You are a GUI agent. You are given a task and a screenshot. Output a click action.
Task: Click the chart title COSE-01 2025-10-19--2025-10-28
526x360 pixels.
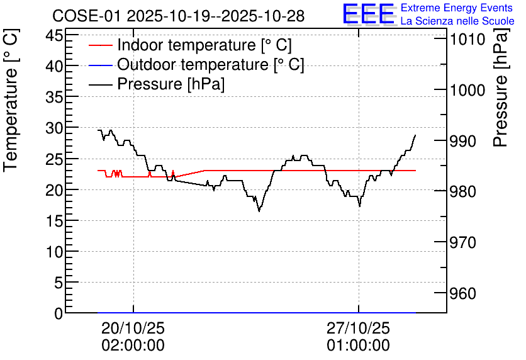[x=179, y=16]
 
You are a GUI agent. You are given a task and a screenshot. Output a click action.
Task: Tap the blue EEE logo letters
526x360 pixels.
[x=369, y=14]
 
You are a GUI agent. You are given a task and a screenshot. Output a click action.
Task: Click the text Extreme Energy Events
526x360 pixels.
[x=457, y=8]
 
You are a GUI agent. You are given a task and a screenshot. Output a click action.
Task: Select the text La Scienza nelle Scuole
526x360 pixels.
[x=457, y=21]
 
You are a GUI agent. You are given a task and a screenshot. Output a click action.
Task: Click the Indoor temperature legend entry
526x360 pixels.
[x=190, y=45]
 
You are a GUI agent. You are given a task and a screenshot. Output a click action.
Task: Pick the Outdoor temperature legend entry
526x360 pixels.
[x=196, y=64]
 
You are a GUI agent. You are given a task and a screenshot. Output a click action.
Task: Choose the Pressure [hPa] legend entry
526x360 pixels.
[x=157, y=84]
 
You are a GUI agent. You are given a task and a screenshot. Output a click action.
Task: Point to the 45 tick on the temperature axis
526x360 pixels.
[x=54, y=35]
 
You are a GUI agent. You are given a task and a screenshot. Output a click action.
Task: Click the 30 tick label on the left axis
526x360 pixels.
[x=54, y=128]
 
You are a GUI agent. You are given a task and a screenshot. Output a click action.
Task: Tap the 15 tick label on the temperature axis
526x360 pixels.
[x=54, y=220]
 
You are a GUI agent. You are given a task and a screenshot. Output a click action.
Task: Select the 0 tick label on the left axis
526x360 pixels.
[x=59, y=313]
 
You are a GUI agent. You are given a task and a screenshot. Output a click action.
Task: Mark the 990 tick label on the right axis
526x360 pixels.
[x=463, y=141]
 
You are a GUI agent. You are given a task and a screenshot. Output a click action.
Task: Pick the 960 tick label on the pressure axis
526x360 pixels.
[x=463, y=293]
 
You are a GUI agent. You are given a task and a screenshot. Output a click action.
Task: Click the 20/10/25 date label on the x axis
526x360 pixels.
[x=133, y=328]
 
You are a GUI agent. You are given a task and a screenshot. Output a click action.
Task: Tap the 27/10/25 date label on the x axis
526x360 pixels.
[x=359, y=328]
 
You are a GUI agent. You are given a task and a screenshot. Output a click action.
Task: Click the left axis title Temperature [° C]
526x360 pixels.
[x=11, y=100]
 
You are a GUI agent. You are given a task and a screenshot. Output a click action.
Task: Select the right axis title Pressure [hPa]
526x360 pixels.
[x=500, y=87]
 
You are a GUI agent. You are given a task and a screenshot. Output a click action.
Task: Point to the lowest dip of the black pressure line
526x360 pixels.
[x=259, y=211]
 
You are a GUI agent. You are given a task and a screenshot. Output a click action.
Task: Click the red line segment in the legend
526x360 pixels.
[x=100, y=45]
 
